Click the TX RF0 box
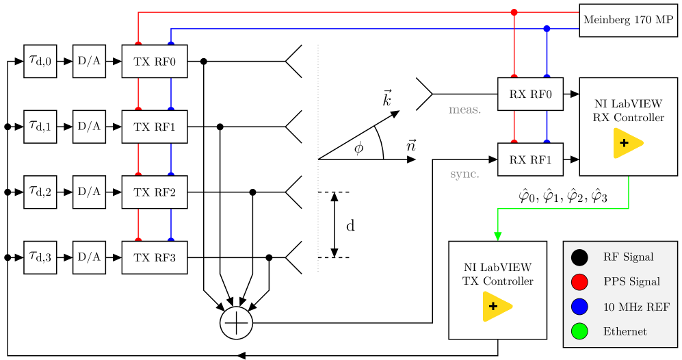pyautogui.click(x=154, y=62)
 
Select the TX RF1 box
pyautogui.click(x=154, y=127)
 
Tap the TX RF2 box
pyautogui.click(x=154, y=192)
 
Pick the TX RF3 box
pyautogui.click(x=154, y=257)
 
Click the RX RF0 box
pyautogui.click(x=530, y=94)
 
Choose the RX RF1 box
pyautogui.click(x=530, y=159)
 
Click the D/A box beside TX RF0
pyautogui.click(x=89, y=62)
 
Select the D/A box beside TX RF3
pyautogui.click(x=89, y=257)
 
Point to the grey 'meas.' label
pyautogui.click(x=464, y=110)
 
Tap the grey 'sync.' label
pyautogui.click(x=464, y=175)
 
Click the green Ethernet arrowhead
pyautogui.click(x=498, y=236)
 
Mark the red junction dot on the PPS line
pyautogui.click(x=514, y=12)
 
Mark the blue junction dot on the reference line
pyautogui.click(x=547, y=29)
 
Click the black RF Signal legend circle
pyautogui.click(x=579, y=257)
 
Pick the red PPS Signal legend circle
pyautogui.click(x=579, y=282)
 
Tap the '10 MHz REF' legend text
pyautogui.click(x=636, y=307)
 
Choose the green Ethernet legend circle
pyautogui.click(x=579, y=331)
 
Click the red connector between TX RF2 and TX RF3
pyautogui.click(x=138, y=224)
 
